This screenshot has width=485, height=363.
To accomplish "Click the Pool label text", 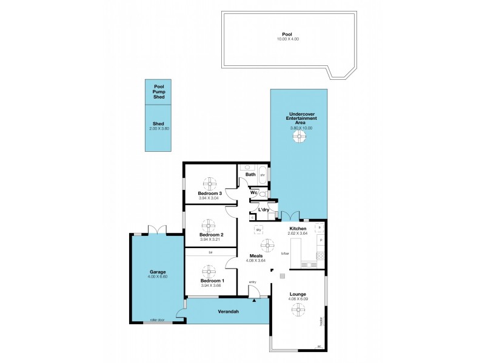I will click(287, 34).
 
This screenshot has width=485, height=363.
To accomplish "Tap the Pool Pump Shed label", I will click(159, 92).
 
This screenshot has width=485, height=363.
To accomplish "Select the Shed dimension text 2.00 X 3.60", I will click(159, 129).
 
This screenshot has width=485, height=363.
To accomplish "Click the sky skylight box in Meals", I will click(258, 230).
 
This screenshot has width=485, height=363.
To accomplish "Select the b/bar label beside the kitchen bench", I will click(284, 254).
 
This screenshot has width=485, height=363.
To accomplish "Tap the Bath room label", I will click(250, 174).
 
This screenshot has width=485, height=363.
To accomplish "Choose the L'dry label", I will click(264, 209).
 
